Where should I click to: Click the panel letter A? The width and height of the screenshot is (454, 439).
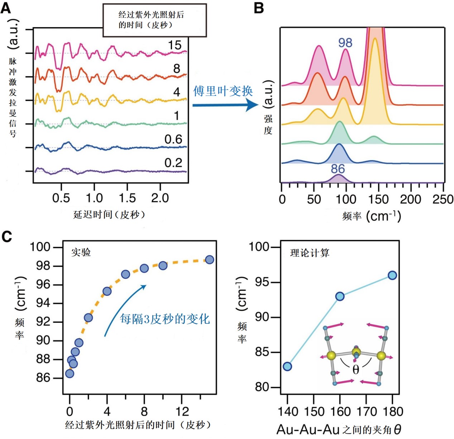pos(6,8)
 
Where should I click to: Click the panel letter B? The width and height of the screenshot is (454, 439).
pos(259,8)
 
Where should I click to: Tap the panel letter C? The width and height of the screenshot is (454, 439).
pos(7,237)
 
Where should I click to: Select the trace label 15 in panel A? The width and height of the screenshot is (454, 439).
pos(175,45)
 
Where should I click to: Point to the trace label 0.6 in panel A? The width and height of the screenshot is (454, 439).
pos(173,139)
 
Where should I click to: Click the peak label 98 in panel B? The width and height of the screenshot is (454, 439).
pos(345,43)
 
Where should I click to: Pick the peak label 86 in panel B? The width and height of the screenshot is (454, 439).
pos(338,169)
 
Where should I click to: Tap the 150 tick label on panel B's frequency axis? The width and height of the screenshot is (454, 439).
pos(378,200)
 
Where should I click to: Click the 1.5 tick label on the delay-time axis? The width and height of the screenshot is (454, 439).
pos(127,198)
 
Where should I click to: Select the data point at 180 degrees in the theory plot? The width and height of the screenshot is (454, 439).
pos(392,275)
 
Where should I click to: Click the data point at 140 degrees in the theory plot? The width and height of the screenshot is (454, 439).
pos(287,366)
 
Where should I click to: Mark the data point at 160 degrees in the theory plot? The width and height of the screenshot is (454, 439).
pos(340,296)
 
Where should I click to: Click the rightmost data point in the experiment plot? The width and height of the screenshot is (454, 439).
pos(210,259)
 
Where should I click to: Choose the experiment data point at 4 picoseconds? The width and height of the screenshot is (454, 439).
pos(107,291)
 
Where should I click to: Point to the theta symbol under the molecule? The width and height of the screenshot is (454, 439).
pos(355,369)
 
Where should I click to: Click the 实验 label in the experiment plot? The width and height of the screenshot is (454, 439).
pos(81,252)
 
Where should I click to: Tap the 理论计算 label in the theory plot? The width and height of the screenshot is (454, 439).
pos(310,253)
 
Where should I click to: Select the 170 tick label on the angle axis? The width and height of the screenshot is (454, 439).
pos(366,412)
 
